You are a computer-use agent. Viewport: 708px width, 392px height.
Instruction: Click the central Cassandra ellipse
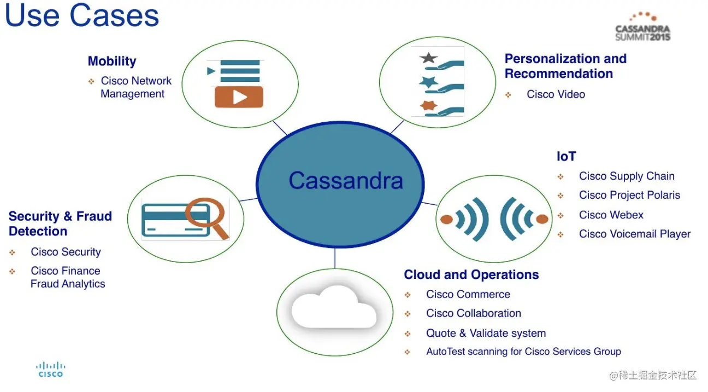(340, 181)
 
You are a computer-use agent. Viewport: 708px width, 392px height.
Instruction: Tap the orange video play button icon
(239, 97)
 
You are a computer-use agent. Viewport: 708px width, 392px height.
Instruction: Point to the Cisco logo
(50, 370)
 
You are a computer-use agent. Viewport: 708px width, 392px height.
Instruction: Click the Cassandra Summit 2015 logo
(642, 27)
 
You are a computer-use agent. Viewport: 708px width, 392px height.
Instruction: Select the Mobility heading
(112, 61)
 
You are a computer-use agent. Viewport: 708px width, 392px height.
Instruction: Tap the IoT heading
(566, 157)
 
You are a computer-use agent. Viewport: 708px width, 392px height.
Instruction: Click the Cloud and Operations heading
(471, 275)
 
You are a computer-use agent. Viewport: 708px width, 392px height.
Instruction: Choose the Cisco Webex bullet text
(611, 215)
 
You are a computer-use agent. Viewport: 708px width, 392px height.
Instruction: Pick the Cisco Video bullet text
(556, 94)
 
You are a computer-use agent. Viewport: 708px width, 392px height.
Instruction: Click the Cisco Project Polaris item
(629, 195)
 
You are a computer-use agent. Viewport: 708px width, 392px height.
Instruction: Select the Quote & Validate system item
(486, 333)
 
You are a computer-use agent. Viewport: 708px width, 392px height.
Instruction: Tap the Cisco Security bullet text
(66, 252)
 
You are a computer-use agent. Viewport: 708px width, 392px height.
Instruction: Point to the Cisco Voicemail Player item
(635, 234)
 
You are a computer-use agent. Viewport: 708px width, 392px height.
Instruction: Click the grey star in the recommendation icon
(428, 58)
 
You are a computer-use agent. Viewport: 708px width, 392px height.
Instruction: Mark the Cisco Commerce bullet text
(468, 294)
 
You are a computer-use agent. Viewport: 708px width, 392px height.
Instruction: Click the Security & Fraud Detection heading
(60, 224)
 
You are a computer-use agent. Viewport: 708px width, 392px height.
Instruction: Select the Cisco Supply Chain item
(627, 176)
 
